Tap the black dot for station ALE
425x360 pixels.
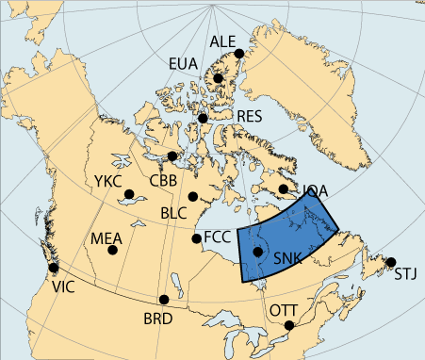point(239,54)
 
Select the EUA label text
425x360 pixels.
point(184,64)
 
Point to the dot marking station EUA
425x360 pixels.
point(218,78)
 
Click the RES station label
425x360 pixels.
point(250,116)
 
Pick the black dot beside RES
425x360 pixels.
point(203,118)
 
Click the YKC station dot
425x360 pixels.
point(129,196)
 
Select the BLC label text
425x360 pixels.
point(173,214)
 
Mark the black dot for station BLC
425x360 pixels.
point(192,197)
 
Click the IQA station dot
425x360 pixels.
point(285,189)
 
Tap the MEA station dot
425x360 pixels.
point(113,250)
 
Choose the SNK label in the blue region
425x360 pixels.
point(287,258)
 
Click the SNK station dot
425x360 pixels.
point(258,252)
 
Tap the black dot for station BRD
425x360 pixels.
point(166,299)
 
